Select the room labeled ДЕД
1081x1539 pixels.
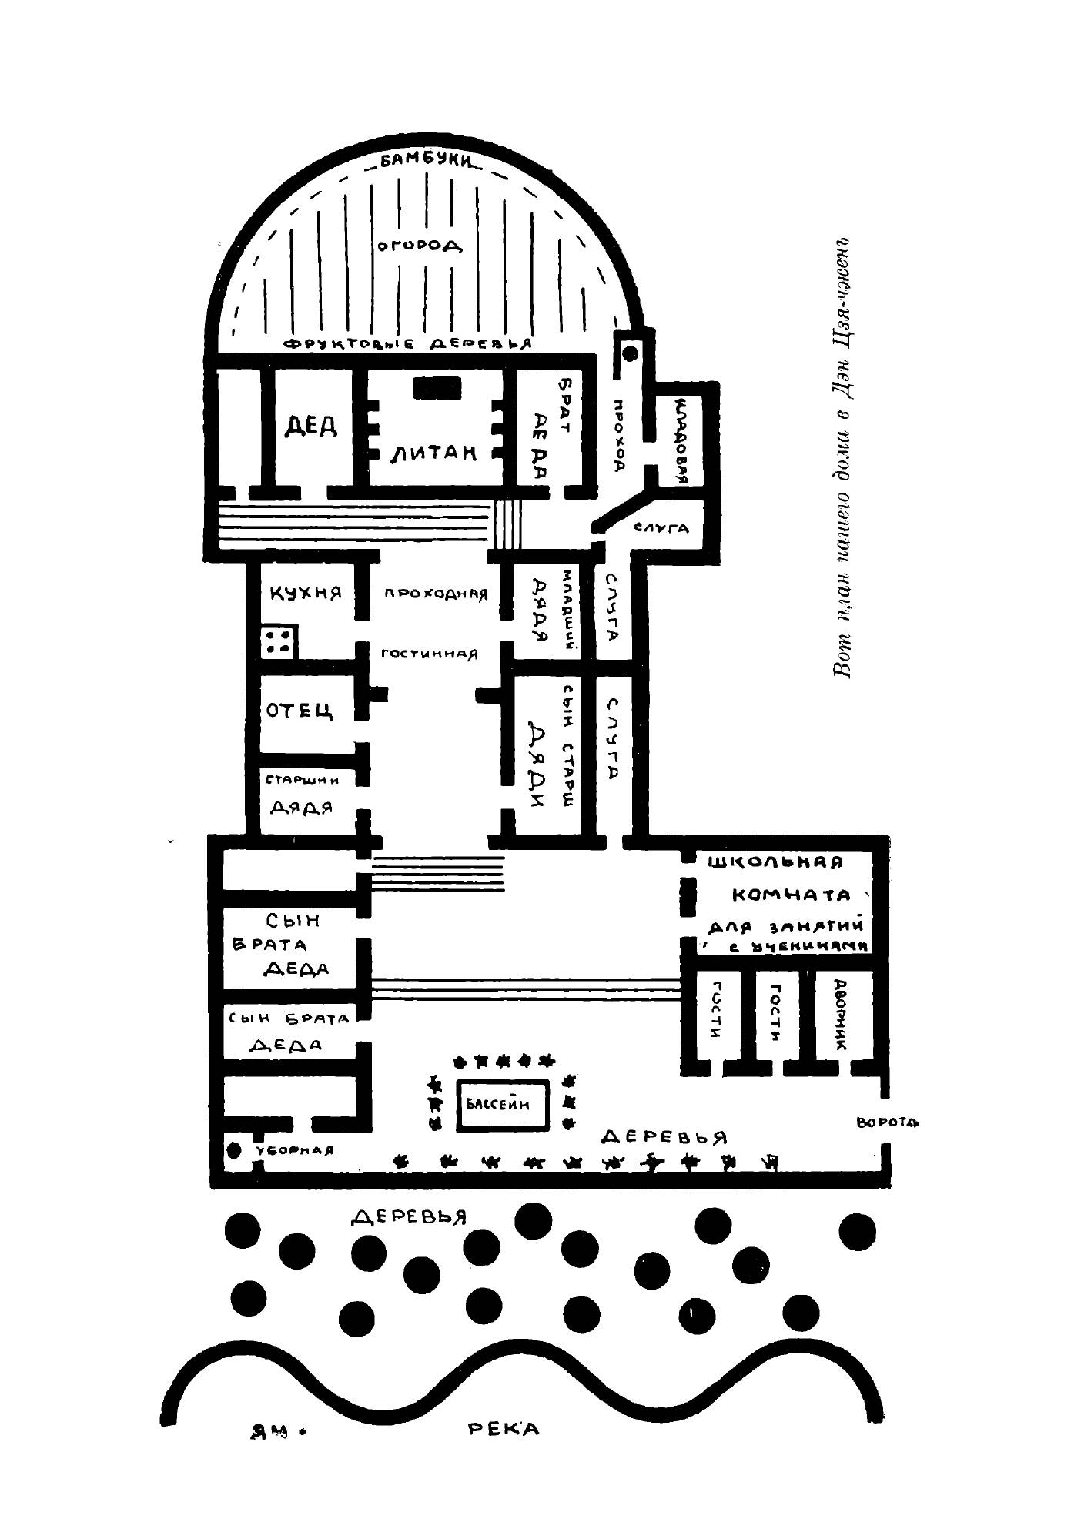[x=311, y=425]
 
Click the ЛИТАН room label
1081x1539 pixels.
[x=433, y=453]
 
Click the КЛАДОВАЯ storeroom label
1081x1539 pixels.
[x=681, y=440]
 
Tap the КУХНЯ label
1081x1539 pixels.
[x=305, y=594]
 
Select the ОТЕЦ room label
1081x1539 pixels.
[x=300, y=710]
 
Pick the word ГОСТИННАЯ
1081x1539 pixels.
[x=430, y=654]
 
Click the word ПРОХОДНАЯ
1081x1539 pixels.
[x=436, y=594]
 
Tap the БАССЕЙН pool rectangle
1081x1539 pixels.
[x=503, y=1105]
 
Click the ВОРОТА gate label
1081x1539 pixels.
[x=888, y=1122]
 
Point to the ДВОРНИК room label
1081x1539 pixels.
[x=841, y=1015]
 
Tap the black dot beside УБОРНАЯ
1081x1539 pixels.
[x=234, y=1150]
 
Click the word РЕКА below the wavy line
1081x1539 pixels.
[x=504, y=1430]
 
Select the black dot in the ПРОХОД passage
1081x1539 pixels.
[x=630, y=353]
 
